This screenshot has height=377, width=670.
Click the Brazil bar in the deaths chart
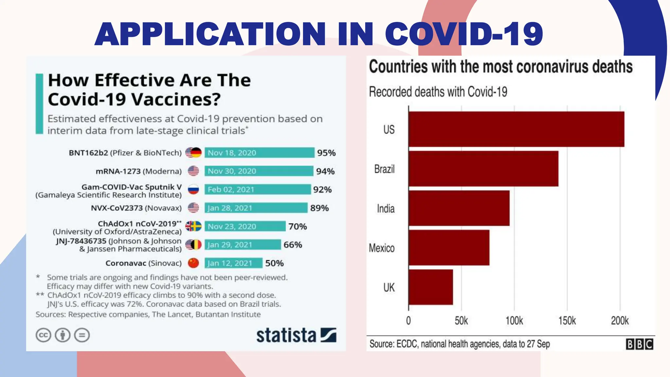483,169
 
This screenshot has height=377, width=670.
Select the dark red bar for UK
431,287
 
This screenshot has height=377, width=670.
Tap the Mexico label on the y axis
381,248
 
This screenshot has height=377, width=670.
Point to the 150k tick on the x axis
567,320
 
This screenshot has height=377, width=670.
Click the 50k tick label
461,320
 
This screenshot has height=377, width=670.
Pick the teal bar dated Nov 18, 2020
259,153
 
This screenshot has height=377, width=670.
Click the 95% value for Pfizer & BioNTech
326,153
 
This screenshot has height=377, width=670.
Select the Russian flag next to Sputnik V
193,189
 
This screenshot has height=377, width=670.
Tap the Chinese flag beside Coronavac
193,263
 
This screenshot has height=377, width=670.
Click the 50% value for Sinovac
274,263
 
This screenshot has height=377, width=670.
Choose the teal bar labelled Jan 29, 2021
242,245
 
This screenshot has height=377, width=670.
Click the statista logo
296,335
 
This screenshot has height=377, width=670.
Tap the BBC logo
639,344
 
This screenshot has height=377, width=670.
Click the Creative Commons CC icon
43,335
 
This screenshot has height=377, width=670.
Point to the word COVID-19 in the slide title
464,34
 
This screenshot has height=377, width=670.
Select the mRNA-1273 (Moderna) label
138,171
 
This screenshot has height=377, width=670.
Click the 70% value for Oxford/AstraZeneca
297,226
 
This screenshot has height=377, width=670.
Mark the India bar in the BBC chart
459,208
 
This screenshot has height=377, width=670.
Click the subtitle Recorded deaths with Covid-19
438,92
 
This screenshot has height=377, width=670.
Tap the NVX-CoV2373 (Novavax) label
136,208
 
